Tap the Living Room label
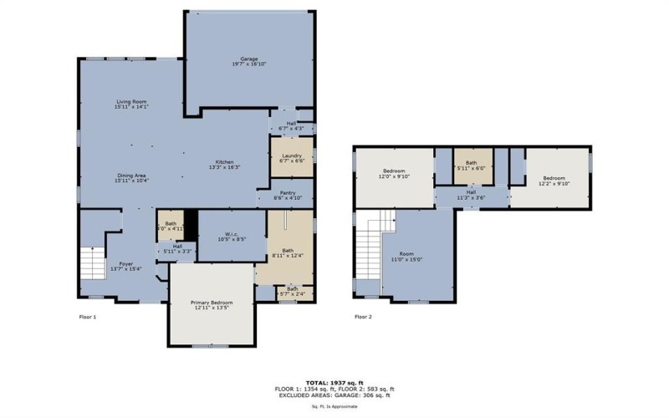[x=131, y=104]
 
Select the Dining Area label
[x=131, y=177]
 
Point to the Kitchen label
[x=225, y=164]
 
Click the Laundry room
[x=291, y=157]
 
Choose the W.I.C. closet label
[x=222, y=237]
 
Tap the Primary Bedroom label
[x=211, y=304]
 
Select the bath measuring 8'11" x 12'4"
[x=288, y=252]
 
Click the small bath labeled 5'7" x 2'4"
[x=288, y=292]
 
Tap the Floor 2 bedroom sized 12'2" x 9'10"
[x=554, y=180]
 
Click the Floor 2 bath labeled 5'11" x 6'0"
[x=472, y=165]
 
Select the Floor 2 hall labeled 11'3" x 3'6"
[x=471, y=194]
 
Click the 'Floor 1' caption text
[x=88, y=317]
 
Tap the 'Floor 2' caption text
[x=363, y=317]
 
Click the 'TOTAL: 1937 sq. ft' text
[x=334, y=382]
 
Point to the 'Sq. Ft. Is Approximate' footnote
[x=334, y=406]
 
